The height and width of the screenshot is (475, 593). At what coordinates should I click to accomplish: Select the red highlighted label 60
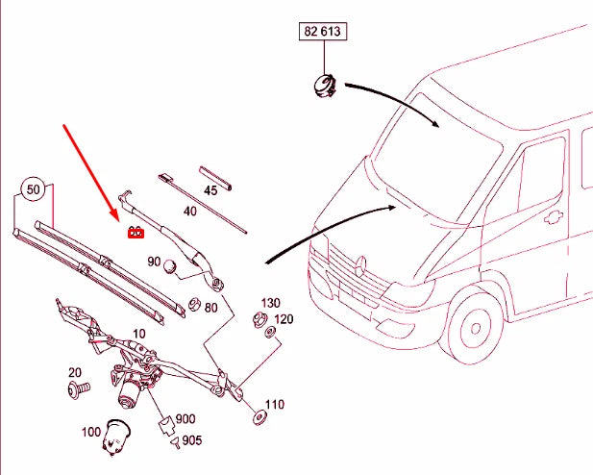136,231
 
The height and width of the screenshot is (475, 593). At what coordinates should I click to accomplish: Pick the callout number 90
154,262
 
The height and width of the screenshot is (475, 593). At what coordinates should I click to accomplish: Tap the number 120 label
284,318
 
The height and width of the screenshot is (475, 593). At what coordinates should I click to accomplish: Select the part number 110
274,404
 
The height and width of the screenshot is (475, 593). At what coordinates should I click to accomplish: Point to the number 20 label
74,372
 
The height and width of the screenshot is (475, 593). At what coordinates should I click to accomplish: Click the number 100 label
91,432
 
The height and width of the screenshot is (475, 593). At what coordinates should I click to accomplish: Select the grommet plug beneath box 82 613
319,86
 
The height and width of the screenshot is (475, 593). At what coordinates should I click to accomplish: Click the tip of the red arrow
126,220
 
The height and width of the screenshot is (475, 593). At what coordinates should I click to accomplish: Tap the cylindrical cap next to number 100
117,437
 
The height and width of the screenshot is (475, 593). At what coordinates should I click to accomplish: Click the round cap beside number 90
170,266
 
